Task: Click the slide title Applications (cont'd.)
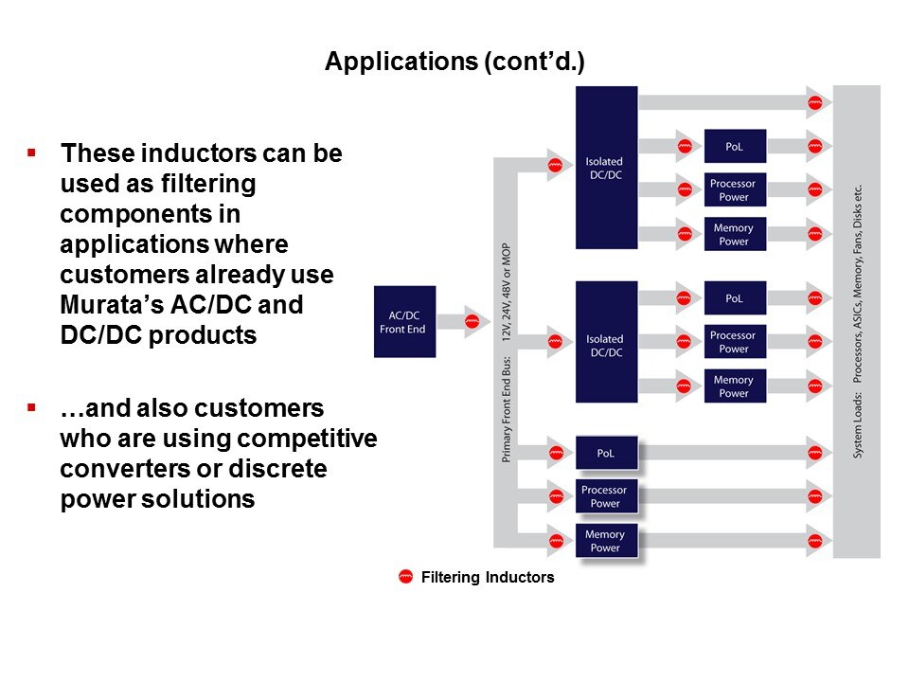point(454,62)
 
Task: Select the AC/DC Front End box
point(404,321)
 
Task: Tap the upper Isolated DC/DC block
point(605,168)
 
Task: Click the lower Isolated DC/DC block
point(605,346)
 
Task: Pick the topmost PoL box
point(734,146)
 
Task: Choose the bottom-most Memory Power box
point(605,541)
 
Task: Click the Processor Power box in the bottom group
point(605,496)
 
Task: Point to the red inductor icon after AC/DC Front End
point(471,322)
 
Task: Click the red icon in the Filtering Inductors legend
point(405,577)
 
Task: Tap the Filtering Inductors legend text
point(487,577)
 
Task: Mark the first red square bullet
point(31,153)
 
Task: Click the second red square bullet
point(31,408)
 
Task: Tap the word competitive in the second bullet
point(317,440)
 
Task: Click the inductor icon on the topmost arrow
point(813,101)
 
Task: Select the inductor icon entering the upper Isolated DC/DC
point(555,164)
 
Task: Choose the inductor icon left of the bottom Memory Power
point(555,542)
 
